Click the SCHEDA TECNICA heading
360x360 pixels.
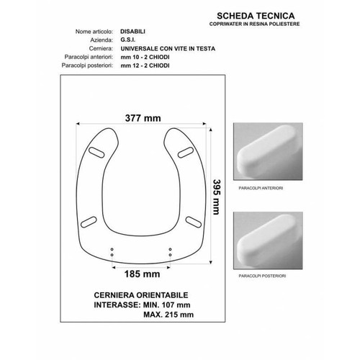coord(256,16)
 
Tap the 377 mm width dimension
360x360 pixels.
coord(143,118)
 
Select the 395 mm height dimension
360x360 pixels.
coord(217,197)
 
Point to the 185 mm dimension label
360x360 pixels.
coord(142,274)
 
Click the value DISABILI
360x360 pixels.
coord(132,32)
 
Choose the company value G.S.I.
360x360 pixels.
coord(127,40)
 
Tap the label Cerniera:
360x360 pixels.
coord(101,48)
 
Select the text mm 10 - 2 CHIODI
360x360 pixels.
coord(145,57)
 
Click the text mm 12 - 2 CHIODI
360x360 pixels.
coord(145,66)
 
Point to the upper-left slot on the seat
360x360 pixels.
coord(96,153)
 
